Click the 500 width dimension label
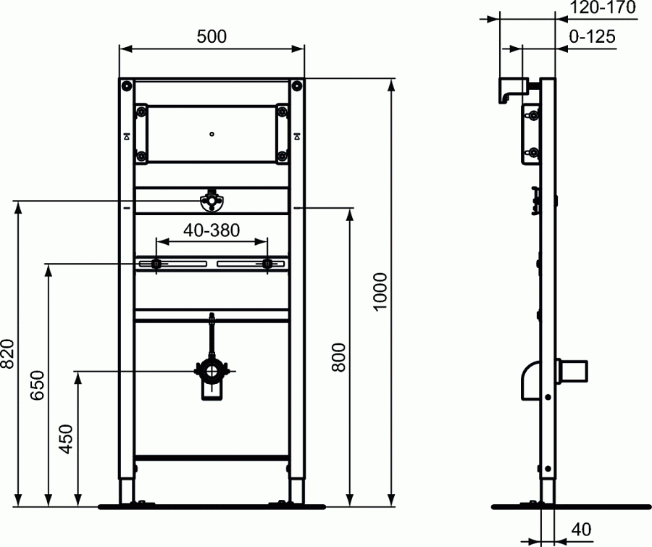tap(212, 36)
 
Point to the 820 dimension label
tap(8, 354)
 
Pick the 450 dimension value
tap(67, 438)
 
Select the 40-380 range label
tap(212, 230)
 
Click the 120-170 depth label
tap(603, 8)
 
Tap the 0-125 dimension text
tap(593, 36)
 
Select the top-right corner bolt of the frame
tap(296, 85)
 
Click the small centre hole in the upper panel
tap(212, 133)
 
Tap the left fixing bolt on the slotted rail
tap(155, 264)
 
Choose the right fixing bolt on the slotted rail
tap(268, 264)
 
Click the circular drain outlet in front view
tap(211, 372)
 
